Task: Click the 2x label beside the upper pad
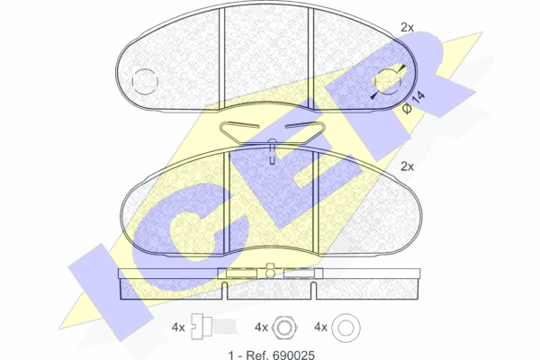(x=407, y=28)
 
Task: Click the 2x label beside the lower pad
(x=407, y=166)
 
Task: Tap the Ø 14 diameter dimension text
(x=414, y=103)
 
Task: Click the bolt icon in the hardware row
(x=213, y=327)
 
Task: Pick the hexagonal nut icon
(x=284, y=328)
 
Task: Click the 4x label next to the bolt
(x=178, y=328)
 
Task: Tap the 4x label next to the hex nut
(x=261, y=328)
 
